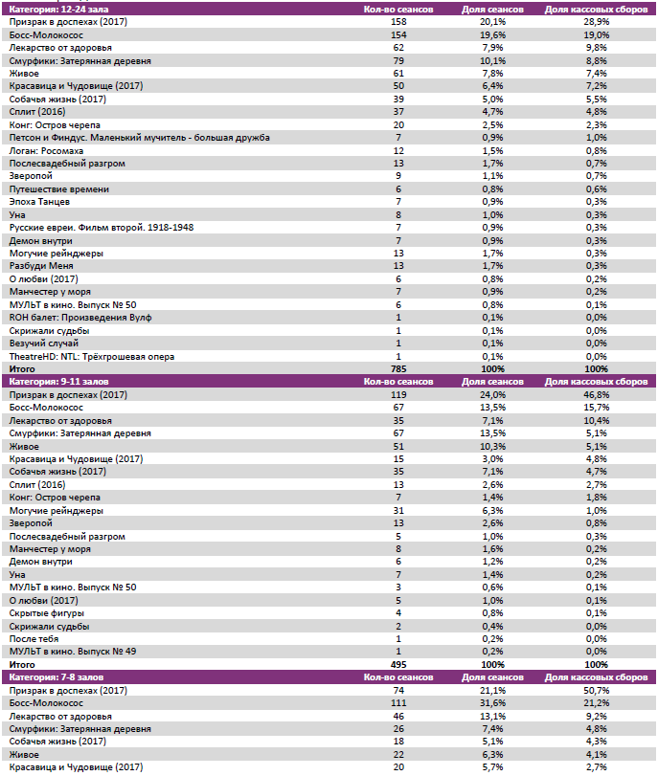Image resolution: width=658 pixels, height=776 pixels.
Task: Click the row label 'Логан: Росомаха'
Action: (46, 151)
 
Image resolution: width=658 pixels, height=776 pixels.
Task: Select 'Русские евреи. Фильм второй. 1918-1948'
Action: (102, 228)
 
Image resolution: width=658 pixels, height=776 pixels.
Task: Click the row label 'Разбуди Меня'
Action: (41, 266)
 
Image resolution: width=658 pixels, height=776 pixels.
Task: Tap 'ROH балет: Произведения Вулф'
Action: (80, 318)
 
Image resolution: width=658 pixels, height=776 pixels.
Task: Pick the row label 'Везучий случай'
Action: (44, 344)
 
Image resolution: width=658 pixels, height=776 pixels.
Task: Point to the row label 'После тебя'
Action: (36, 639)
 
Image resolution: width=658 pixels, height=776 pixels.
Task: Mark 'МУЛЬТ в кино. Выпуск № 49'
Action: (73, 652)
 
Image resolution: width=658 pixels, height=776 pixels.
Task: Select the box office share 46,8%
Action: (596, 394)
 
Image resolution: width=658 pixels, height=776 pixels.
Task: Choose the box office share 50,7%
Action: (596, 690)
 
